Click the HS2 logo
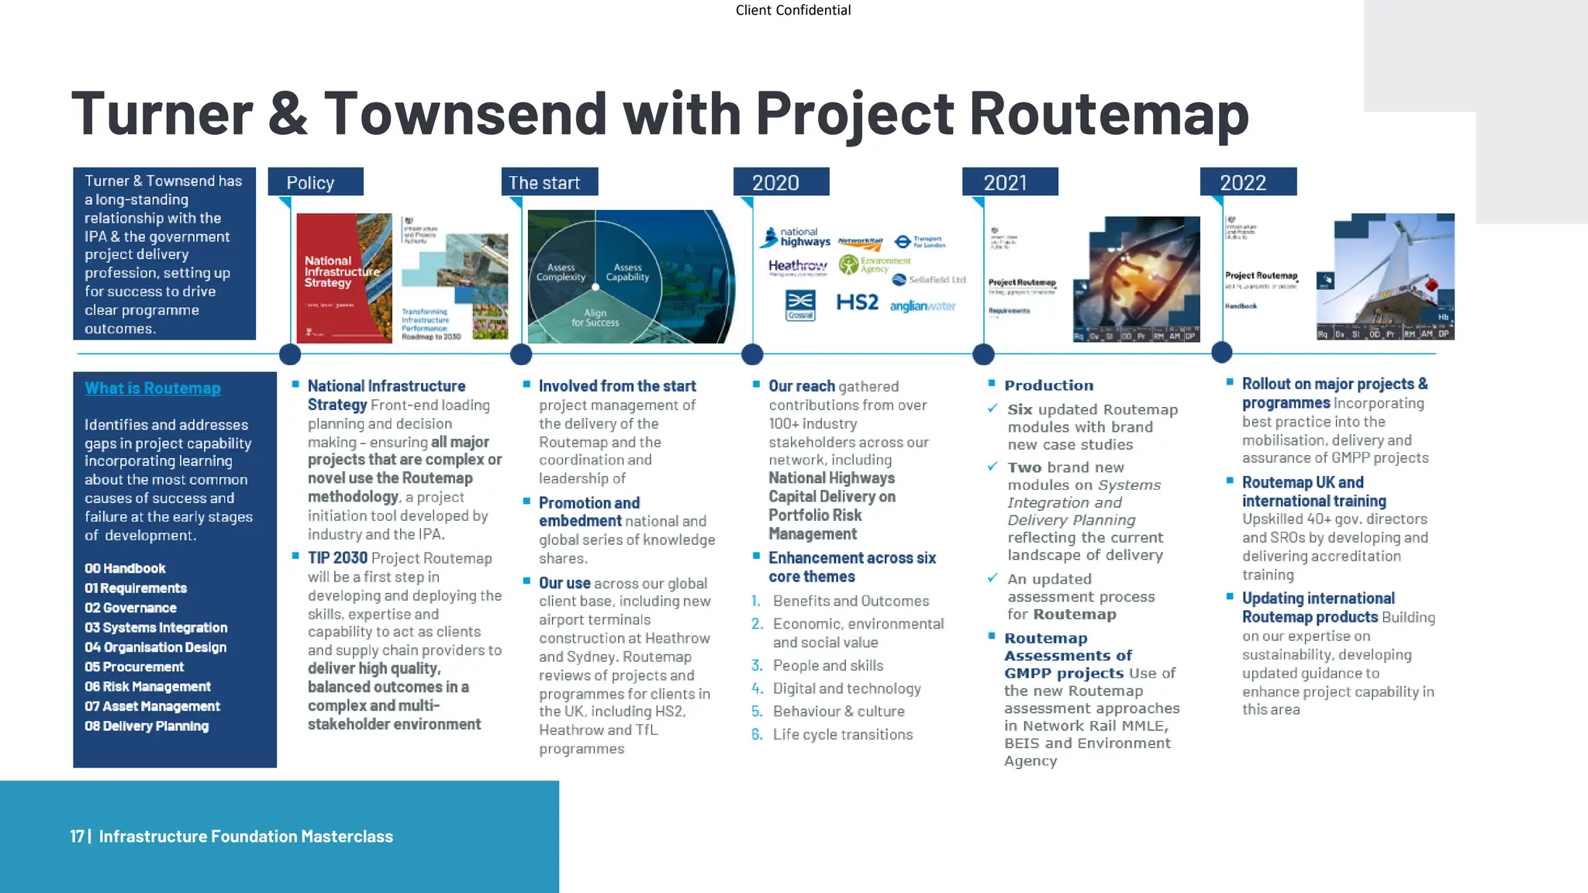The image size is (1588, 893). (857, 302)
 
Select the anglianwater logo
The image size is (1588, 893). (922, 306)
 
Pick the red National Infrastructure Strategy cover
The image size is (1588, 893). (343, 278)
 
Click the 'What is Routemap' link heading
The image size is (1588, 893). (153, 388)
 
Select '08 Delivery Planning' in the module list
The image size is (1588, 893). (147, 726)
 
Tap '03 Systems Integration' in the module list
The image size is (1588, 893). (156, 628)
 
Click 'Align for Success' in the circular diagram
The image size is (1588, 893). (595, 318)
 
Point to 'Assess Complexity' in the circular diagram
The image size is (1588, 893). (561, 272)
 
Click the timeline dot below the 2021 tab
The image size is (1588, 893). (983, 354)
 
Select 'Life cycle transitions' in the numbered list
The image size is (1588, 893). (843, 735)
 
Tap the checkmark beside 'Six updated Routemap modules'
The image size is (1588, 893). (992, 409)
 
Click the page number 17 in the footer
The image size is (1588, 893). (77, 836)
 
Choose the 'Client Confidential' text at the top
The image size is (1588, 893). (792, 10)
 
